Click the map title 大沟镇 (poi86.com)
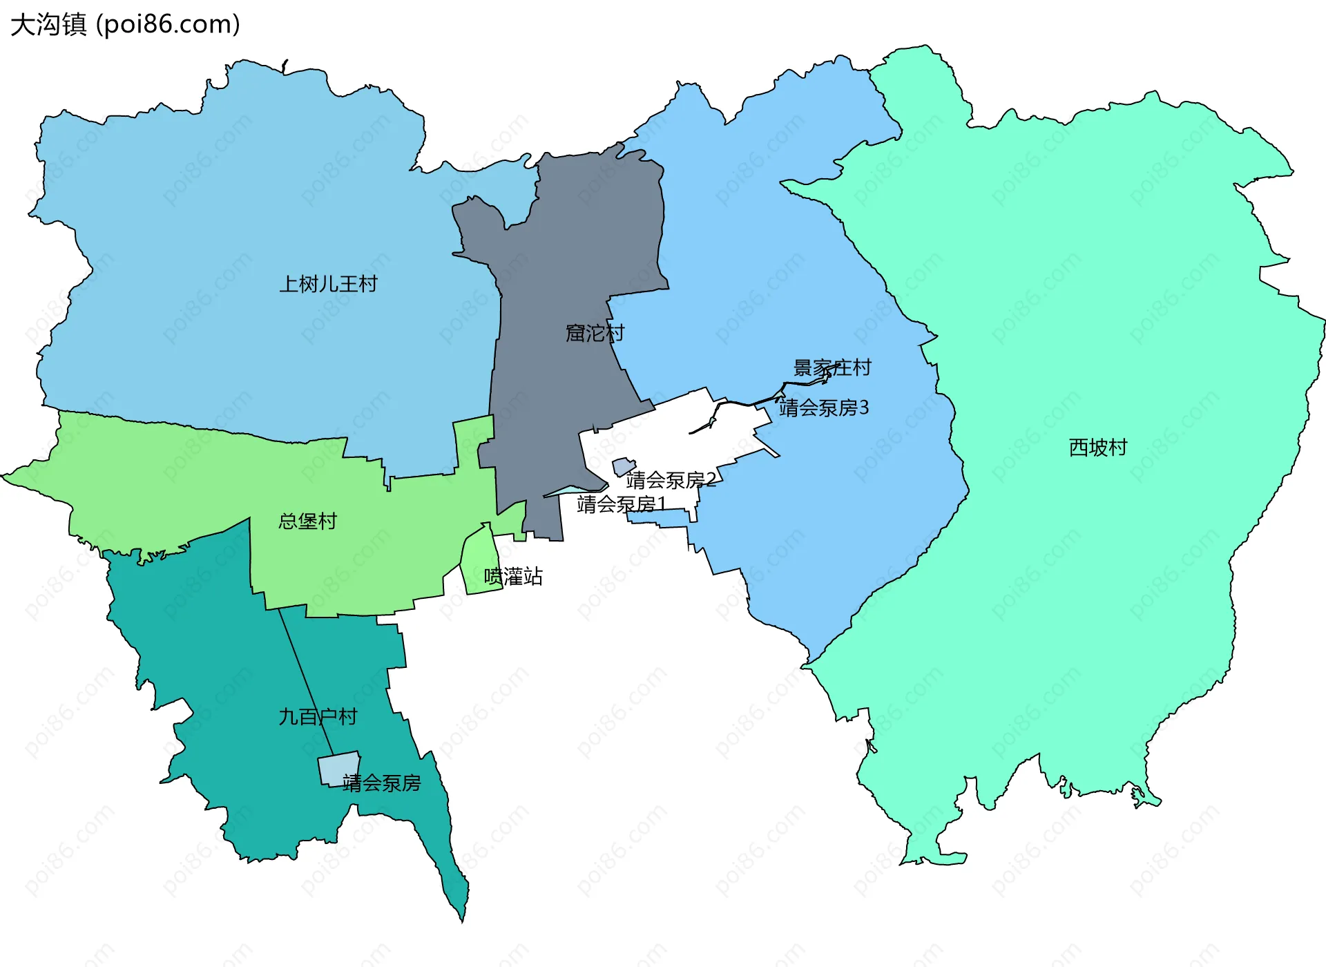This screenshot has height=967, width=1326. click(x=125, y=24)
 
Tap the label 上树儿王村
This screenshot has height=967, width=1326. click(x=328, y=284)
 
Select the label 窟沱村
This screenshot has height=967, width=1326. click(x=595, y=333)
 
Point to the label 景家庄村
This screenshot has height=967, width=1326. click(x=832, y=367)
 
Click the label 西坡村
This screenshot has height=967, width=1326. click(x=1097, y=448)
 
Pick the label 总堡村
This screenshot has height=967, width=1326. click(x=307, y=521)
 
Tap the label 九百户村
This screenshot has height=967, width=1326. click(x=318, y=717)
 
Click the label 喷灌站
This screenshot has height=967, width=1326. click(x=513, y=576)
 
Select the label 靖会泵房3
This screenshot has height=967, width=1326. click(x=823, y=408)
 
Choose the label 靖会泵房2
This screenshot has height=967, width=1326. click(x=671, y=479)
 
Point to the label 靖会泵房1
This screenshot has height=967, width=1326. click(x=621, y=504)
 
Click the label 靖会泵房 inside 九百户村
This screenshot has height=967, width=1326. click(x=382, y=783)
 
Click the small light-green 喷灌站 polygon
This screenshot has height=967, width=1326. click(x=479, y=563)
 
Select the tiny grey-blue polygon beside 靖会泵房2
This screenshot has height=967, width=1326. click(x=623, y=466)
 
